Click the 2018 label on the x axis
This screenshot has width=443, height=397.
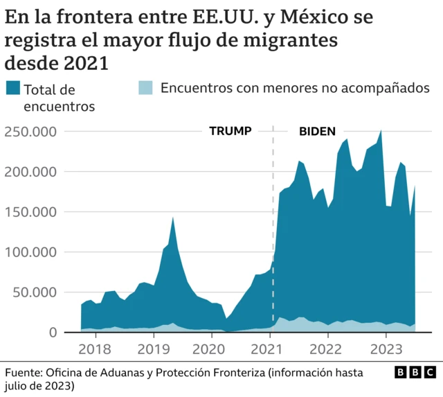point(95,349)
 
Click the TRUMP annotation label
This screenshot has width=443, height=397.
point(230,131)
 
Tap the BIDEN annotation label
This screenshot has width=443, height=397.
point(317,131)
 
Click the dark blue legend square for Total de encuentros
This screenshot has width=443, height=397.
point(12,88)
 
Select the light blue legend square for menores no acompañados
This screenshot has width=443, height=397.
point(144,88)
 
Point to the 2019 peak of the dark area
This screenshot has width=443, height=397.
point(172,218)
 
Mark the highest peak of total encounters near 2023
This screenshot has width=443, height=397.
point(381,130)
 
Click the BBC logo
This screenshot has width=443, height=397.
point(415,373)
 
